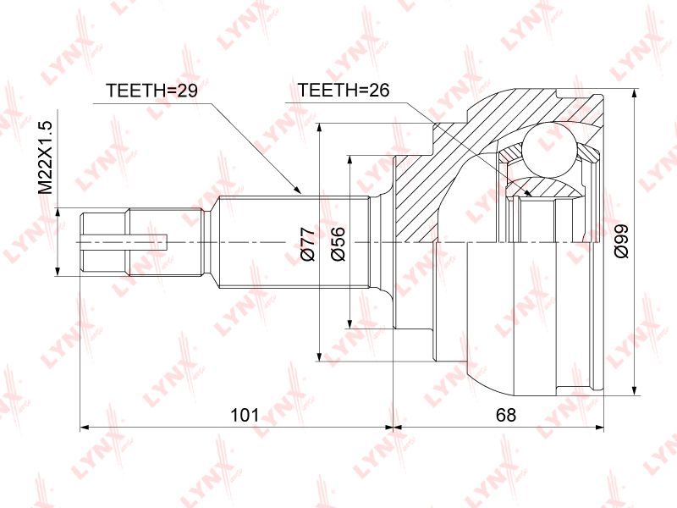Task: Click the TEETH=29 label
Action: [x=151, y=91]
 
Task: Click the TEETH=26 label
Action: [x=344, y=90]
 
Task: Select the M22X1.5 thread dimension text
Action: [x=45, y=157]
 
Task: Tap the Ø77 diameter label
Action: [x=309, y=245]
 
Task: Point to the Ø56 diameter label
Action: [x=338, y=244]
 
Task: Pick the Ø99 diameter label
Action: [x=622, y=241]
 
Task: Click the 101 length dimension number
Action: [x=245, y=415]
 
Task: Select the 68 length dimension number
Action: [x=505, y=415]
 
